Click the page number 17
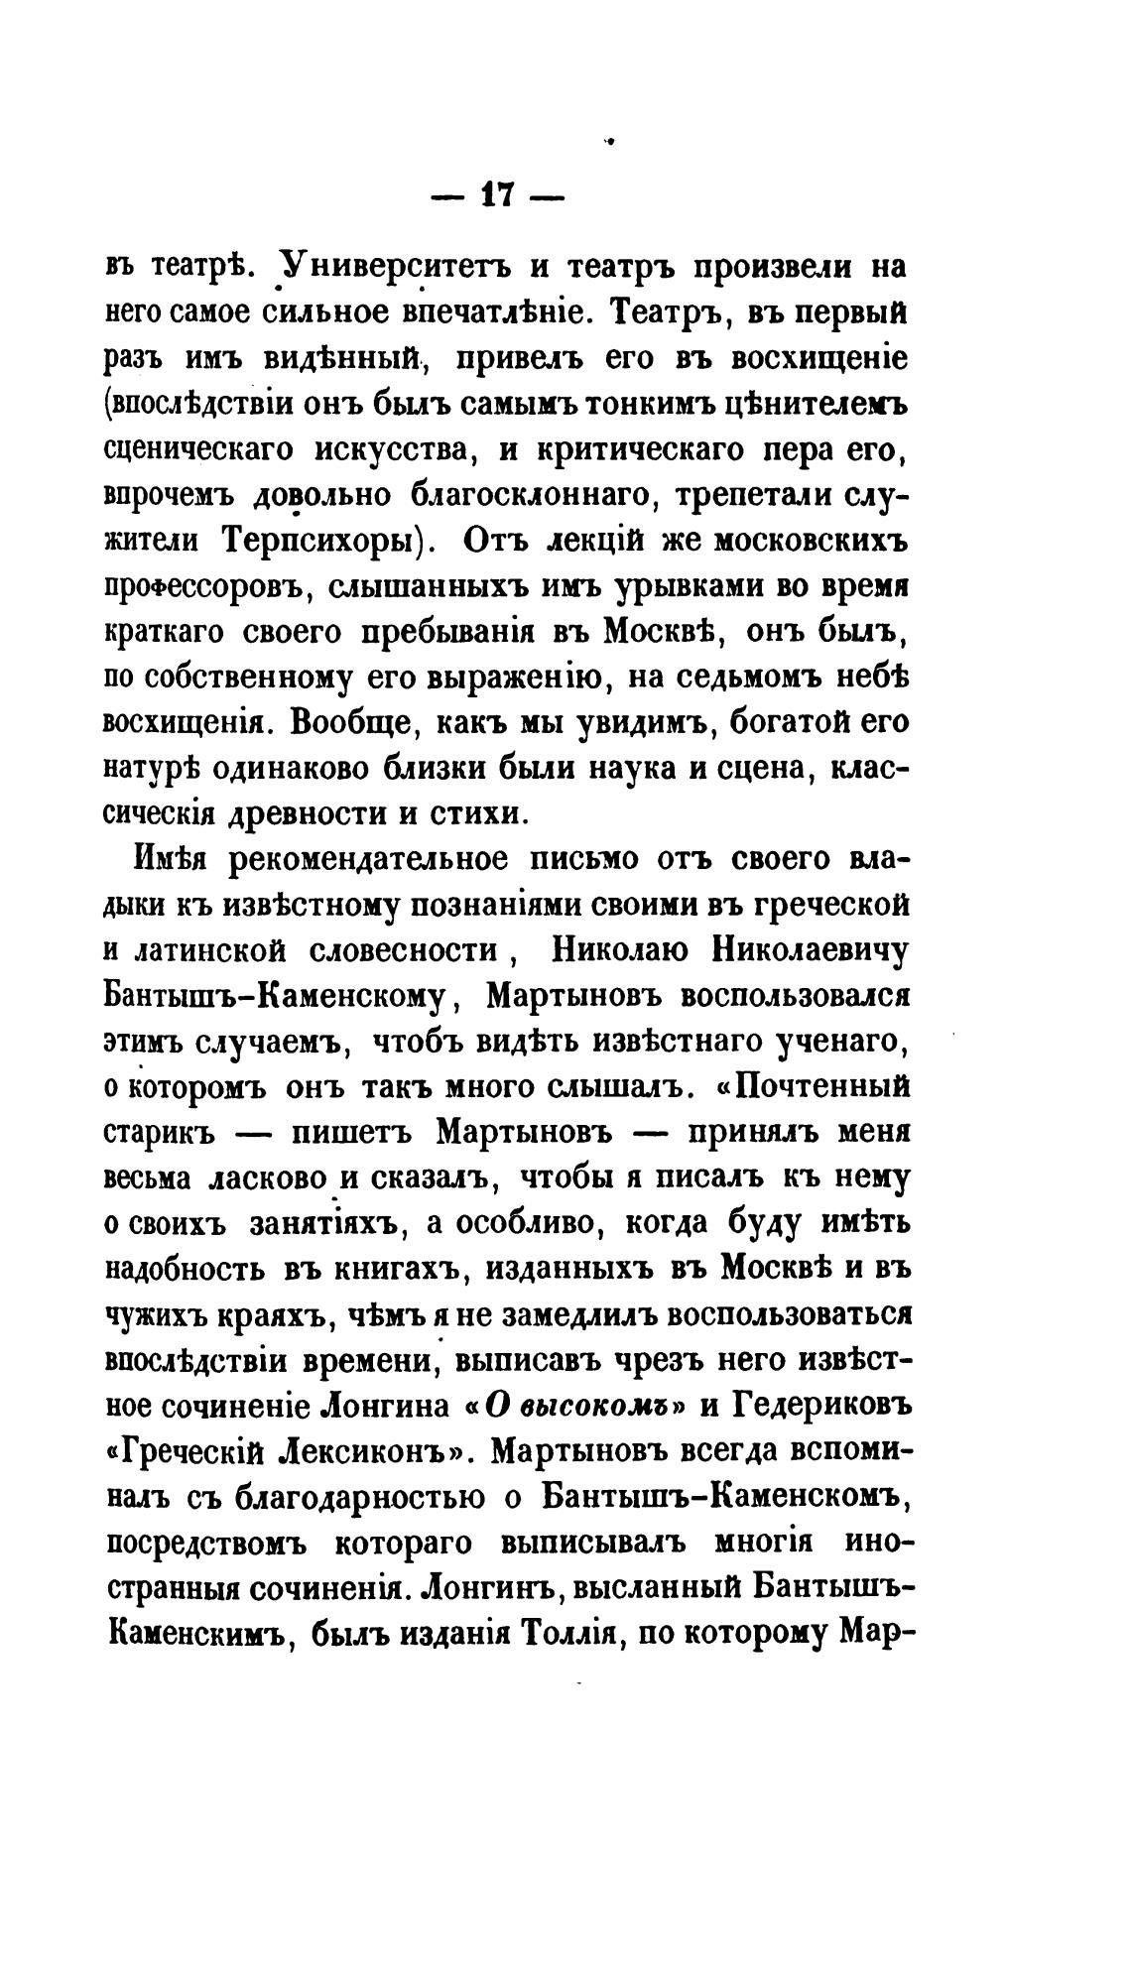(496, 194)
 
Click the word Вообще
(347, 721)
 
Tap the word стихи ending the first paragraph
(474, 812)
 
